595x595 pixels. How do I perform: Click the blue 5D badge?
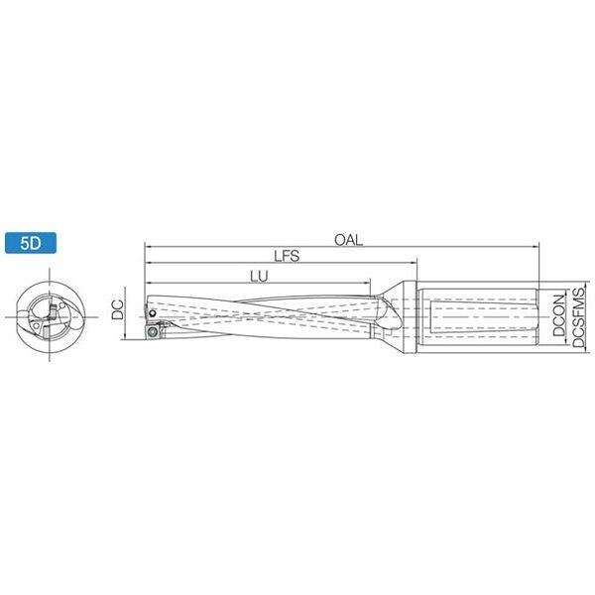tap(31, 243)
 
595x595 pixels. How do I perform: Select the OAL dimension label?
tap(348, 240)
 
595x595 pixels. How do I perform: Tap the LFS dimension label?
tap(287, 256)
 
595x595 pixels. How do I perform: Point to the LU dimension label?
tap(259, 277)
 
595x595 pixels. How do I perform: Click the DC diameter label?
tap(118, 309)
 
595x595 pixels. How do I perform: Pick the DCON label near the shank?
tap(558, 315)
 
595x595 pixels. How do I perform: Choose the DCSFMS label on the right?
tap(579, 317)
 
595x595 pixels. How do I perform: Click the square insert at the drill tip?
tap(153, 331)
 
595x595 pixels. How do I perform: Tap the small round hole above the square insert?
tap(152, 313)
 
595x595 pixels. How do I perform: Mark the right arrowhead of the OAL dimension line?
tap(535, 247)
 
